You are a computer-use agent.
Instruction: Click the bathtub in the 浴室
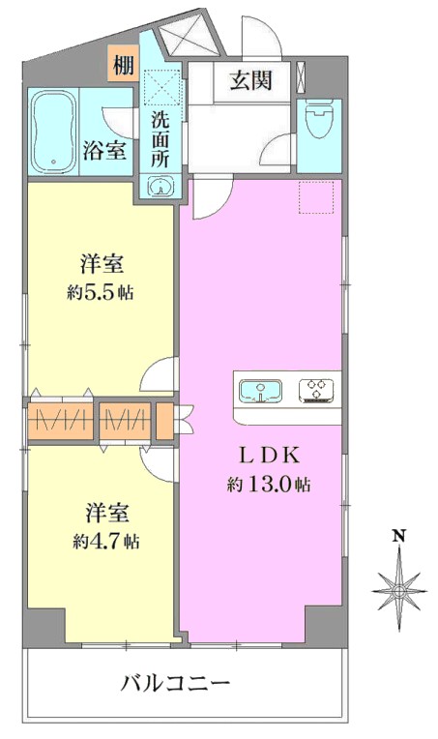[x=53, y=132]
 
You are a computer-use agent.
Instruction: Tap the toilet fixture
[x=319, y=120]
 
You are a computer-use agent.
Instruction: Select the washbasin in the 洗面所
[x=161, y=186]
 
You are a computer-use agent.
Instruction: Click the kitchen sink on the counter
[x=260, y=391]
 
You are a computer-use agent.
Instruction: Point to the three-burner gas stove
[x=316, y=391]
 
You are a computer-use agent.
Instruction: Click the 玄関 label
[x=251, y=81]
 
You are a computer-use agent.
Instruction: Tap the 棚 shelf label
[x=124, y=65]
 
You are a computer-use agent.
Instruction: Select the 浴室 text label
[x=104, y=151]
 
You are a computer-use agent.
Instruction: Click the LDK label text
[x=269, y=456]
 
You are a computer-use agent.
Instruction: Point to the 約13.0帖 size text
[x=269, y=484]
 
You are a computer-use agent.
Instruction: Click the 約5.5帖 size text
[x=101, y=293]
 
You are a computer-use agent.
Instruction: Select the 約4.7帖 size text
[x=106, y=542]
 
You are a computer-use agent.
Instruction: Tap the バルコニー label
[x=175, y=682]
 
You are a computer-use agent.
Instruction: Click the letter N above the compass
[x=399, y=536]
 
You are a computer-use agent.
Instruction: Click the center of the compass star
[x=399, y=591]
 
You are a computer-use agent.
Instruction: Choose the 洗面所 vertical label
[x=161, y=140]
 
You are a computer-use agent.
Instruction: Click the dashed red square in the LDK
[x=316, y=196]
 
